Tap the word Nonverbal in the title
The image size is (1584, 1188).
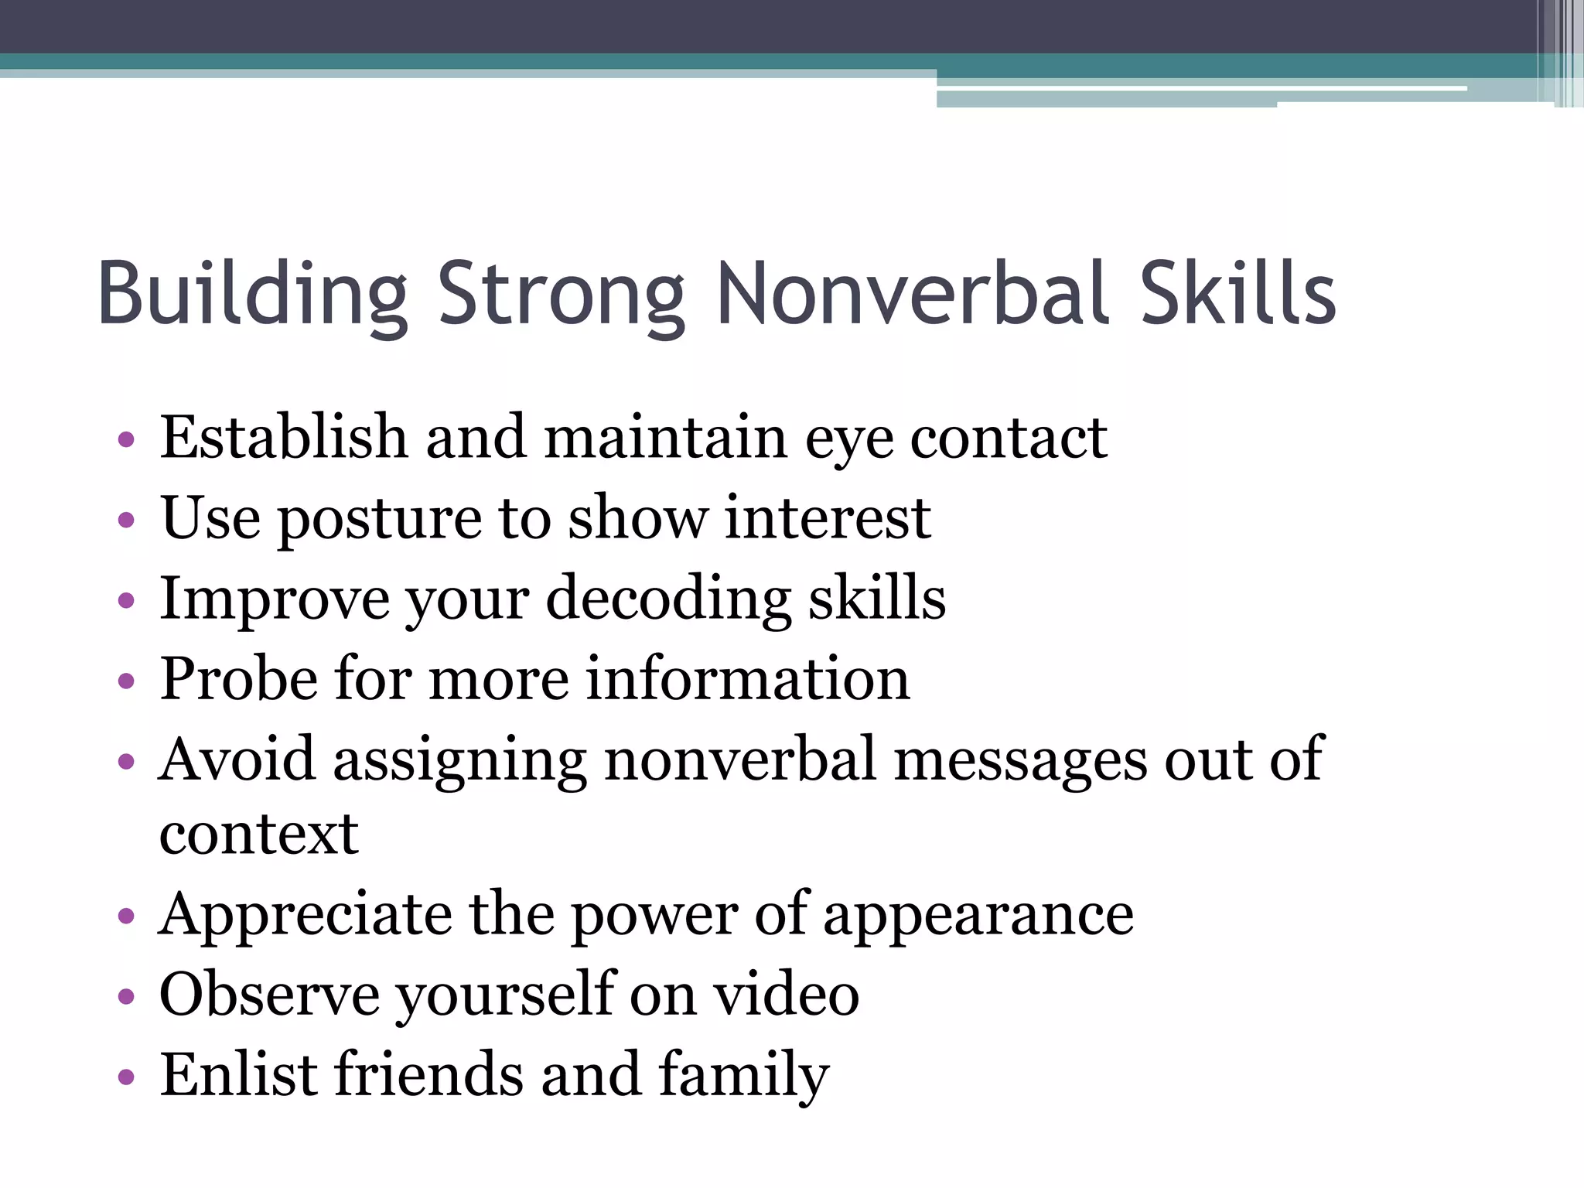(x=913, y=294)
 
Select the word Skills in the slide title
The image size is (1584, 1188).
(x=1238, y=294)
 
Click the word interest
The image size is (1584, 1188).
(x=827, y=517)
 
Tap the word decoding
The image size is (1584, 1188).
(x=668, y=600)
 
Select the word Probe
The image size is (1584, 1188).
(x=238, y=680)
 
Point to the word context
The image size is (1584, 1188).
(x=259, y=835)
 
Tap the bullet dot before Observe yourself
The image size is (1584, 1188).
(x=127, y=996)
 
